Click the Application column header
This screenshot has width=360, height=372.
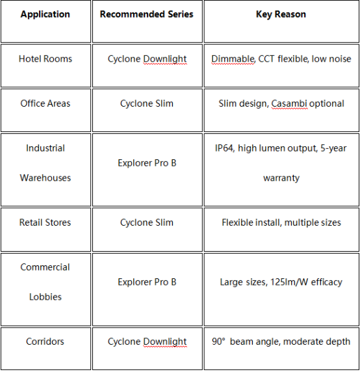(45, 14)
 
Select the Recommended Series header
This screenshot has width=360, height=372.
(146, 14)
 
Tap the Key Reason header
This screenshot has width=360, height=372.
(281, 14)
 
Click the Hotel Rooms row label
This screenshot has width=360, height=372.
(45, 59)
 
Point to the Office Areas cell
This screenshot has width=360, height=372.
(45, 103)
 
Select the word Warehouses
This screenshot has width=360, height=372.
(45, 178)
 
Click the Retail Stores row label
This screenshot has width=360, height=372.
(45, 222)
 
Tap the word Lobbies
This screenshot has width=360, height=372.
(45, 297)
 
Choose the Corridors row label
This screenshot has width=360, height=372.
(45, 341)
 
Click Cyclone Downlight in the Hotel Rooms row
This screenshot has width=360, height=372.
(147, 59)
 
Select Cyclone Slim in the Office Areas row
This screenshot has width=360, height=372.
(147, 103)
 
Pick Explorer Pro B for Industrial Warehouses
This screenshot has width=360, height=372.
(147, 163)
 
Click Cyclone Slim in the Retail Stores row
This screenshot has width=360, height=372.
(147, 222)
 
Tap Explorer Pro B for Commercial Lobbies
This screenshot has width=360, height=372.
(147, 282)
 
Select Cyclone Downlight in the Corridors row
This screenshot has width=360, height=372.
(147, 342)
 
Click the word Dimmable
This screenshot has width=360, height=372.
(233, 59)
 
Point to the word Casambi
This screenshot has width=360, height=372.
(289, 103)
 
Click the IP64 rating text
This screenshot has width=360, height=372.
(224, 148)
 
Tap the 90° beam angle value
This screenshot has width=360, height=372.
(218, 341)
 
